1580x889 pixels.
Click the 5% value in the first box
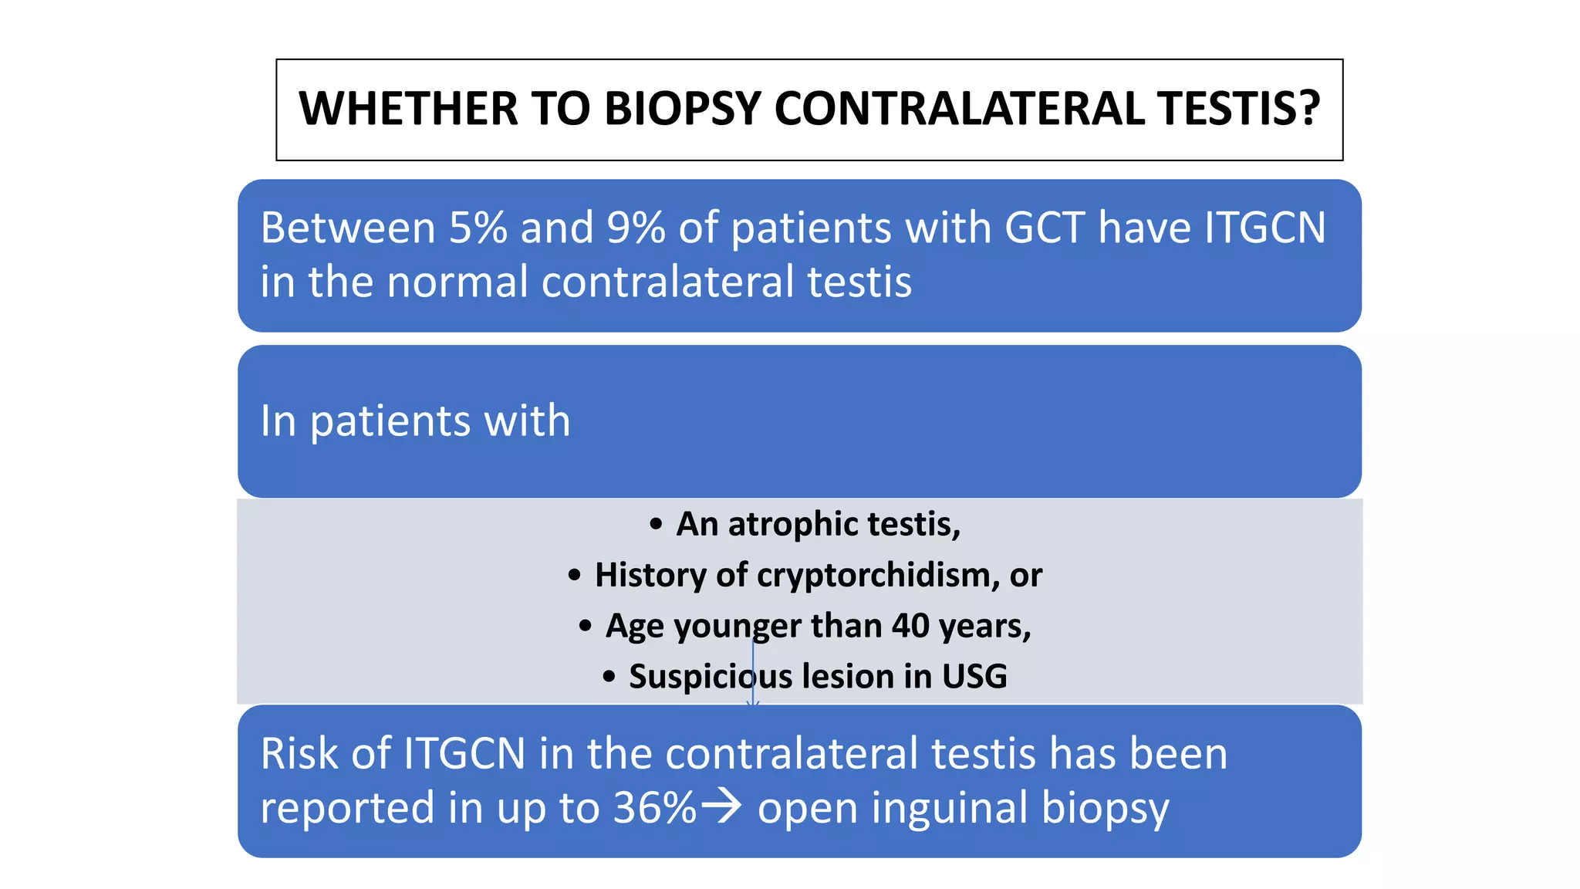point(478,228)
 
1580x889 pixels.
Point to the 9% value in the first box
point(635,228)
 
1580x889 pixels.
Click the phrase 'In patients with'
point(415,421)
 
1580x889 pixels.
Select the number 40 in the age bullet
point(910,626)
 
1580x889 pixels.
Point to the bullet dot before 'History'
point(575,576)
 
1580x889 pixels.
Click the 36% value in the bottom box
point(654,808)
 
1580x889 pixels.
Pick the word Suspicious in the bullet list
point(710,677)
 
